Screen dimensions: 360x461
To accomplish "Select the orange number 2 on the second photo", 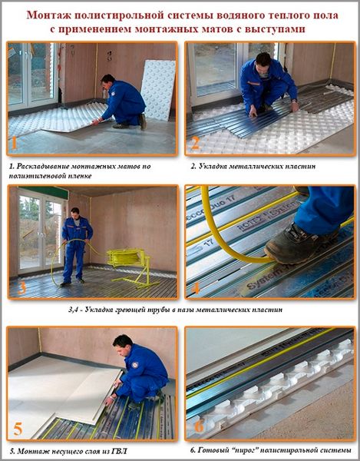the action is pos(195,143).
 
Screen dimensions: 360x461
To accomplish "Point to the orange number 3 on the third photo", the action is pos(21,288).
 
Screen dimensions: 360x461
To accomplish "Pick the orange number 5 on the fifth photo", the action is pos(18,429).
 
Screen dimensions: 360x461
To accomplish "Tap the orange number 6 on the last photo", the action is pos(199,426).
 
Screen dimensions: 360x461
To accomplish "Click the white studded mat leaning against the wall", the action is pos(158,90).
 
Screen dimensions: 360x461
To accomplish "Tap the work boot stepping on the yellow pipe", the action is pos(299,243).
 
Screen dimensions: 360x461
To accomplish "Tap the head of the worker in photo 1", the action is pos(107,81).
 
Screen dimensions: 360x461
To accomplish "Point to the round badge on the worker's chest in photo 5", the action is pos(134,365).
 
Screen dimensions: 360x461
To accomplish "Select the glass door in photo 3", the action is pos(41,232).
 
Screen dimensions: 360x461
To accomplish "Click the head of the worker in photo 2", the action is pos(263,61).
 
